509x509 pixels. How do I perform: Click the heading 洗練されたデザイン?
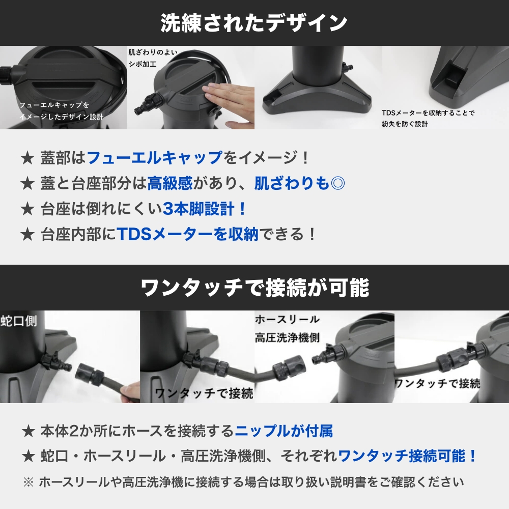(x=254, y=23)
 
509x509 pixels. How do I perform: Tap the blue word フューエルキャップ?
(x=155, y=158)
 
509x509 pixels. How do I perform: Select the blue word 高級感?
(x=169, y=183)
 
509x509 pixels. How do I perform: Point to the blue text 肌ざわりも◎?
(x=300, y=183)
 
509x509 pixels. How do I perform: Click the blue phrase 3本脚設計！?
(x=205, y=209)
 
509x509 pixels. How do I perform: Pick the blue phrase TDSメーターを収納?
(x=188, y=234)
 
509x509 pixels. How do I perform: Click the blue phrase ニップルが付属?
(x=284, y=432)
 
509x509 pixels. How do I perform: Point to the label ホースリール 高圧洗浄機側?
(x=287, y=328)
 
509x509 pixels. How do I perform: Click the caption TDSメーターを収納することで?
(x=428, y=113)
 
